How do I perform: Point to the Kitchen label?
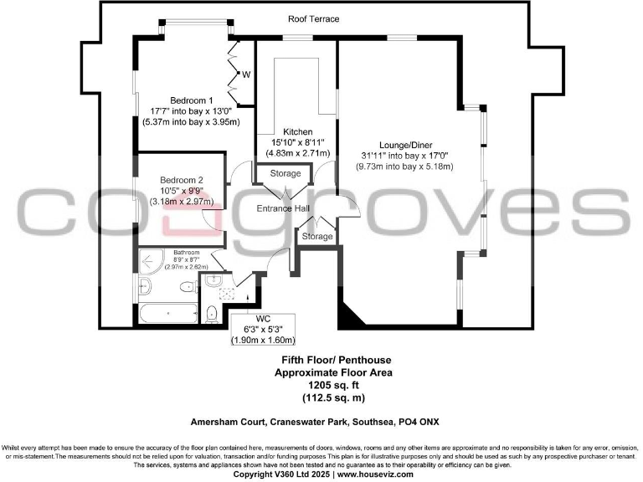pyautogui.click(x=297, y=132)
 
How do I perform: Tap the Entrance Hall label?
pyautogui.click(x=285, y=208)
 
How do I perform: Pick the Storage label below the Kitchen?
pyautogui.click(x=285, y=174)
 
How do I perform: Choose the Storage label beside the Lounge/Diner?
pyautogui.click(x=317, y=237)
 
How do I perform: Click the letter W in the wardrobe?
pyautogui.click(x=246, y=74)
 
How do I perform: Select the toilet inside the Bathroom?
pyautogui.click(x=188, y=290)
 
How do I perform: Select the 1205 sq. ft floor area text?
pyautogui.click(x=321, y=387)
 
